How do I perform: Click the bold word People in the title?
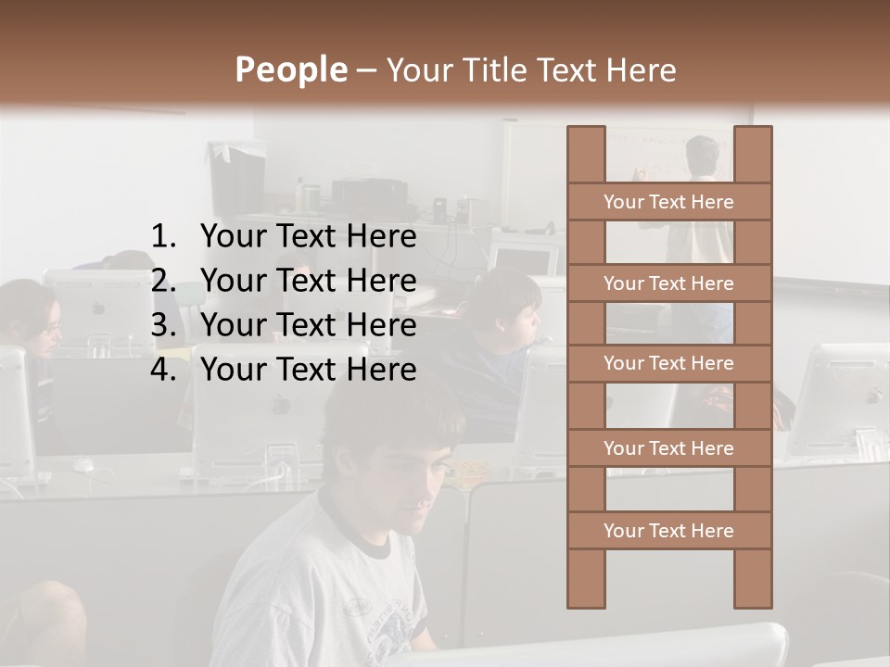click(289, 69)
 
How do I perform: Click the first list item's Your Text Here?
click(308, 237)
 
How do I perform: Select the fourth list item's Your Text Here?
click(308, 370)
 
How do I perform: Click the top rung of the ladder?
click(668, 202)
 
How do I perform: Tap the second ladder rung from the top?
click(668, 283)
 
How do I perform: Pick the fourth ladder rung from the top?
click(668, 448)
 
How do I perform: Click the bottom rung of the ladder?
click(668, 531)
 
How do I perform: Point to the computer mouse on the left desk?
click(83, 463)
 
